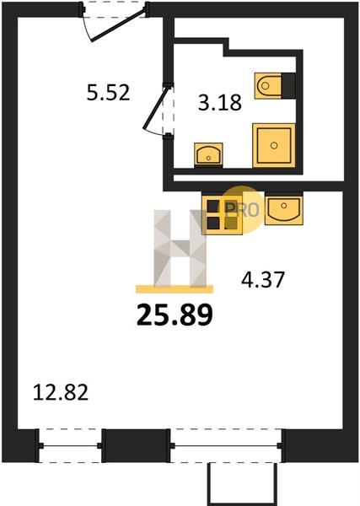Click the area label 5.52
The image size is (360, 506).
click(109, 92)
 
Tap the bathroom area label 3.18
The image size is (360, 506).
click(220, 103)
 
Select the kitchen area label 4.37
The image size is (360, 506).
click(263, 279)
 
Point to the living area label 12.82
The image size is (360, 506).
click(61, 393)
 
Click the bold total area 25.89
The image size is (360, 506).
click(175, 315)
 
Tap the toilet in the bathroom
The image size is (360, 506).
click(268, 86)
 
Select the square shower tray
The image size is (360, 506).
click(274, 145)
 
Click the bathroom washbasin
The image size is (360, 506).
click(208, 154)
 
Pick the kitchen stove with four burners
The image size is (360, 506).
click(222, 213)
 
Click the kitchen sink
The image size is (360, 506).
click(284, 209)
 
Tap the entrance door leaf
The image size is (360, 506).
click(117, 25)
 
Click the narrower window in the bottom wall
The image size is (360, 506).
click(70, 445)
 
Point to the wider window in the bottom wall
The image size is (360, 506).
click(226, 445)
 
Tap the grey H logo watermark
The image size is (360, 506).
click(180, 248)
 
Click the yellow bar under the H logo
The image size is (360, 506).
click(175, 289)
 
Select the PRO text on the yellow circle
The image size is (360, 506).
click(243, 210)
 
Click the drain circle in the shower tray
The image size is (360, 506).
click(274, 145)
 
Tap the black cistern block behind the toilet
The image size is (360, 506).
click(288, 86)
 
